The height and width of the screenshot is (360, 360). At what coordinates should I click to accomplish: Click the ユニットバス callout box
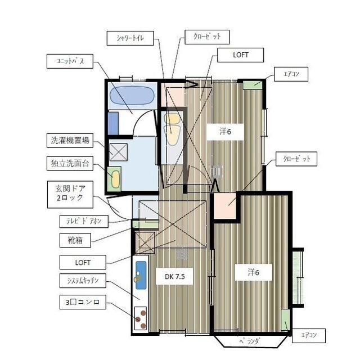click(x=70, y=61)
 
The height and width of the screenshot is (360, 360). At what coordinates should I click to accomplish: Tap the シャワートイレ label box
click(x=130, y=38)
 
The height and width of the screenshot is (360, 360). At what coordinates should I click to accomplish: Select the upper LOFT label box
click(x=240, y=55)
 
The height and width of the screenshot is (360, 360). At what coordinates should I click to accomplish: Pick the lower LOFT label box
click(x=83, y=262)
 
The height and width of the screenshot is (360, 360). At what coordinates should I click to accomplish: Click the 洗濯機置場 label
click(x=70, y=140)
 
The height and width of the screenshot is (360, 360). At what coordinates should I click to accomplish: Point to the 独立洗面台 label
click(x=70, y=164)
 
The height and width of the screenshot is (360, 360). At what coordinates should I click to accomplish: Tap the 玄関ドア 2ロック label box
click(x=70, y=195)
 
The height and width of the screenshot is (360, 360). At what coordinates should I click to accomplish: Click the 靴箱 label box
click(x=75, y=240)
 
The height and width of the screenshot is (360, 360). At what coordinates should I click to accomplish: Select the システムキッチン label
click(x=83, y=281)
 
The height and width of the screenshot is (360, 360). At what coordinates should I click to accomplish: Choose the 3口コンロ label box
click(x=83, y=302)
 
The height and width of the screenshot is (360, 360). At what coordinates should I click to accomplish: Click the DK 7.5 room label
click(x=174, y=276)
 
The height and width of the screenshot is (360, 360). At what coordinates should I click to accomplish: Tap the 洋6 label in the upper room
click(x=225, y=132)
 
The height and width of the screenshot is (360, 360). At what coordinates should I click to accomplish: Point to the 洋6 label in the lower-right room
click(x=254, y=272)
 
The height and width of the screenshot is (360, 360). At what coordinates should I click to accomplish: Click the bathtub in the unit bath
click(x=132, y=96)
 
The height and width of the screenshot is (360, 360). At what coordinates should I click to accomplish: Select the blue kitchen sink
click(x=141, y=275)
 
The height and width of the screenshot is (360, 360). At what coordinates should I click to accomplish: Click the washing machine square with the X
click(x=119, y=152)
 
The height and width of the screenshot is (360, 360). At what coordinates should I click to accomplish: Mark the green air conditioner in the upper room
click(x=253, y=84)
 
